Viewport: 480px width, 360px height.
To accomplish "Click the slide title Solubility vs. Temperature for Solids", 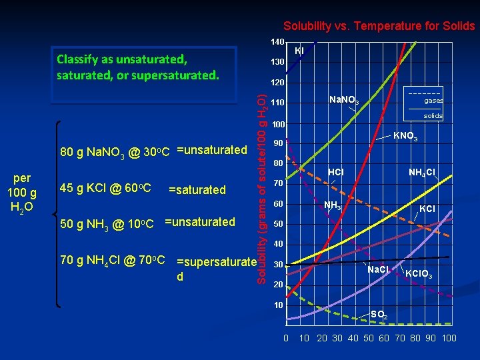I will pos(379,27).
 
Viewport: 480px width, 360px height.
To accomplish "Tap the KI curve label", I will pos(299,51).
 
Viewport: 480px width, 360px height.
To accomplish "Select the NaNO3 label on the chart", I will pos(344,100).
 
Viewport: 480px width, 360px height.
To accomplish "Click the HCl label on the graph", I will pos(335,173).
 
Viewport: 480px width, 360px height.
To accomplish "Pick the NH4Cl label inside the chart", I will pos(422,173).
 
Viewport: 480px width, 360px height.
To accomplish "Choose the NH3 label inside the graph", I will pos(332,205).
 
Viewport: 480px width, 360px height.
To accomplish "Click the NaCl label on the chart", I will pos(379,270).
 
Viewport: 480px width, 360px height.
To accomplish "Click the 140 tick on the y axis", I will pos(277,42).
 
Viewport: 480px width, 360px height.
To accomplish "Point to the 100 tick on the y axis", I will pos(277,125).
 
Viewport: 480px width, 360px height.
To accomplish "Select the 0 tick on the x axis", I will pos(286,338).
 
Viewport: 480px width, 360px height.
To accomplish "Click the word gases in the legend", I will pos(433,101).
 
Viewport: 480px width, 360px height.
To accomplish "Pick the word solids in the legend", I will pos(433,115).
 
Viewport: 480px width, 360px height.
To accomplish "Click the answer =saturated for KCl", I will pos(197,190).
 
